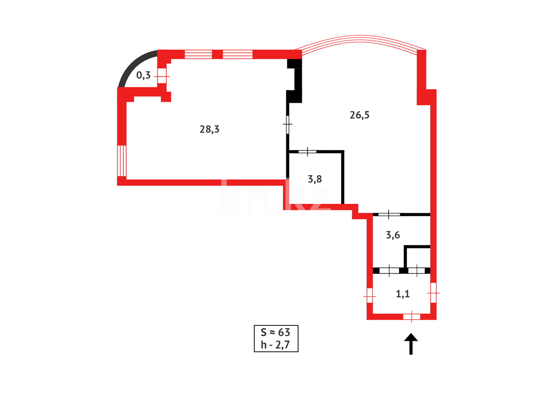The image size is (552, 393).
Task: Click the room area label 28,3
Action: pyautogui.click(x=209, y=129)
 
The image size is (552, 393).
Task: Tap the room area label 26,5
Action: pyautogui.click(x=359, y=115)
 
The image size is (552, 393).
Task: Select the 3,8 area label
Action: pyautogui.click(x=315, y=179)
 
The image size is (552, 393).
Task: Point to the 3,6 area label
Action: pyautogui.click(x=393, y=235)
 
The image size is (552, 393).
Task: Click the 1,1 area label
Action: pyautogui.click(x=403, y=294)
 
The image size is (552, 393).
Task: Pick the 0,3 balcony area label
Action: pyautogui.click(x=143, y=75)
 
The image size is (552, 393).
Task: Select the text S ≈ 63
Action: pyautogui.click(x=276, y=332)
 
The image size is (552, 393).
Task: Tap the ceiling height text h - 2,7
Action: pyautogui.click(x=276, y=345)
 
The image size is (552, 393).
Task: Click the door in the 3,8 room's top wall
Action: pyautogui.click(x=307, y=151)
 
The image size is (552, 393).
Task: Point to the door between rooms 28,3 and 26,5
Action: pyautogui.click(x=288, y=124)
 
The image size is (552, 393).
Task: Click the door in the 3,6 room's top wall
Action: pyautogui.click(x=389, y=214)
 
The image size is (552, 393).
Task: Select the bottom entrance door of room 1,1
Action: pyautogui.click(x=411, y=317)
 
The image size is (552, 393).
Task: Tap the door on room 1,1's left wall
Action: pyautogui.click(x=370, y=296)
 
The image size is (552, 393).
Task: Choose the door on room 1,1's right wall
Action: pyautogui.click(x=433, y=293)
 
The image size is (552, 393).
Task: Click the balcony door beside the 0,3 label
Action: pyautogui.click(x=162, y=76)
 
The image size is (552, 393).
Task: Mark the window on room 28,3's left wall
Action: pyautogui.click(x=122, y=160)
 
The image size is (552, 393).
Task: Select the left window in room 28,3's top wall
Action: pyautogui.click(x=198, y=54)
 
